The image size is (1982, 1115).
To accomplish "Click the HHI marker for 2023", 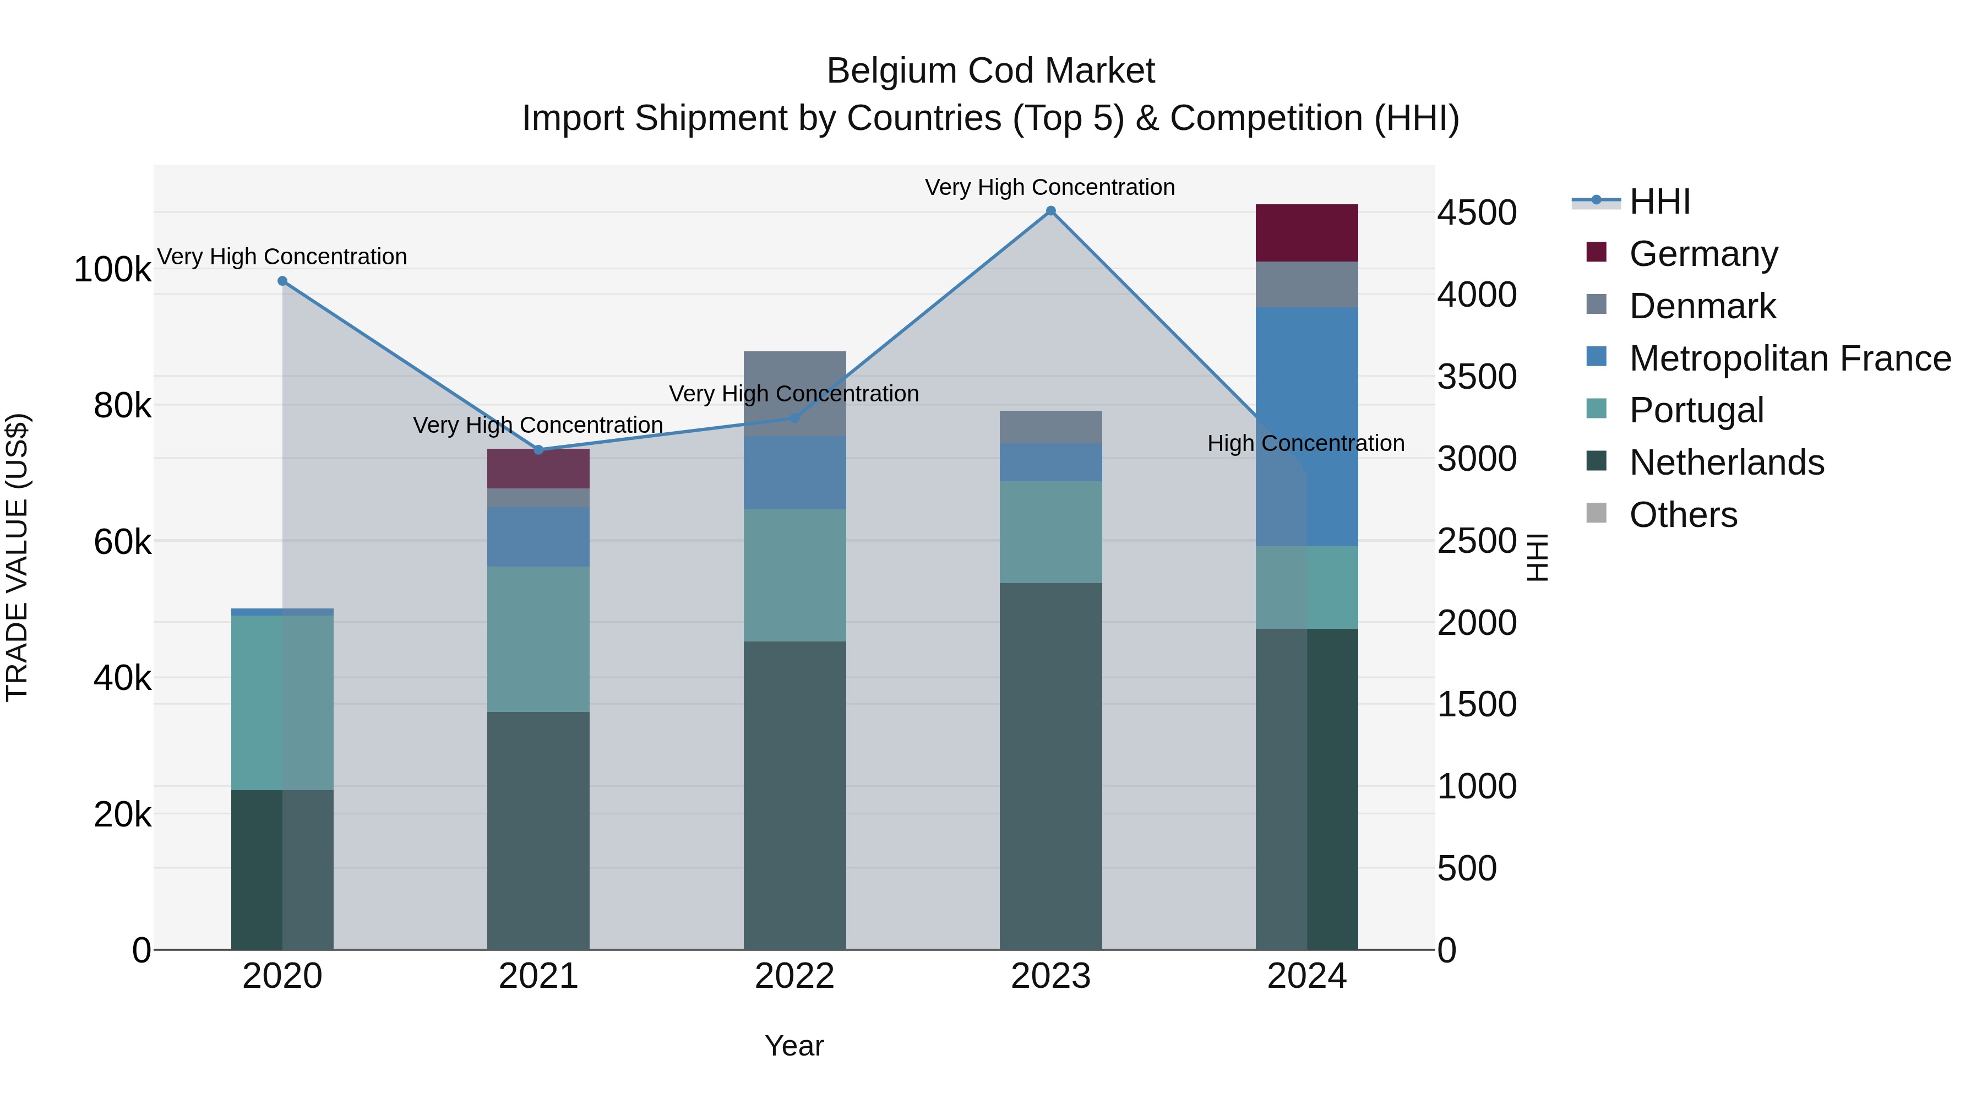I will pyautogui.click(x=1050, y=211).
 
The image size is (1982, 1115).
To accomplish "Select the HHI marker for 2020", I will pyautogui.click(x=282, y=281).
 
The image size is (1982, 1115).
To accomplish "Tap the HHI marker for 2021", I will pyautogui.click(x=538, y=449).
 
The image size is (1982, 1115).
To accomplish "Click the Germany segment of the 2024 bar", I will pyautogui.click(x=1306, y=232).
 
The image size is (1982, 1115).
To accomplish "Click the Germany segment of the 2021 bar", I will pyautogui.click(x=538, y=469).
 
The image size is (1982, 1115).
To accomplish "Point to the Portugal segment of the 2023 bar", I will pyautogui.click(x=1050, y=532).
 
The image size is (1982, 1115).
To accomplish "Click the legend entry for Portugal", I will pyautogui.click(x=1696, y=410).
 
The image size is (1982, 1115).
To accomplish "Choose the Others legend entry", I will pyautogui.click(x=1682, y=515).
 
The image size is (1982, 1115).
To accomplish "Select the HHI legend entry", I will pyautogui.click(x=1659, y=202).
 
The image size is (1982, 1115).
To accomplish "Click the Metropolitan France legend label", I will pyautogui.click(x=1790, y=358).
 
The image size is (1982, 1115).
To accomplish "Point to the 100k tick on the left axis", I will pyautogui.click(x=112, y=269).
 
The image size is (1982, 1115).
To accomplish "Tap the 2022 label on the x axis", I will pyautogui.click(x=794, y=976).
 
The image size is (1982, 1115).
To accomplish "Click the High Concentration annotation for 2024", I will pyautogui.click(x=1306, y=443).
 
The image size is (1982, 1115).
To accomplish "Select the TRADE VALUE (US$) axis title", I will pyautogui.click(x=17, y=557).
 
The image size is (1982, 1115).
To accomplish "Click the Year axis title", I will pyautogui.click(x=794, y=1046).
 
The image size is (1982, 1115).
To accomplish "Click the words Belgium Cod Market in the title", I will pyautogui.click(x=990, y=71).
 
